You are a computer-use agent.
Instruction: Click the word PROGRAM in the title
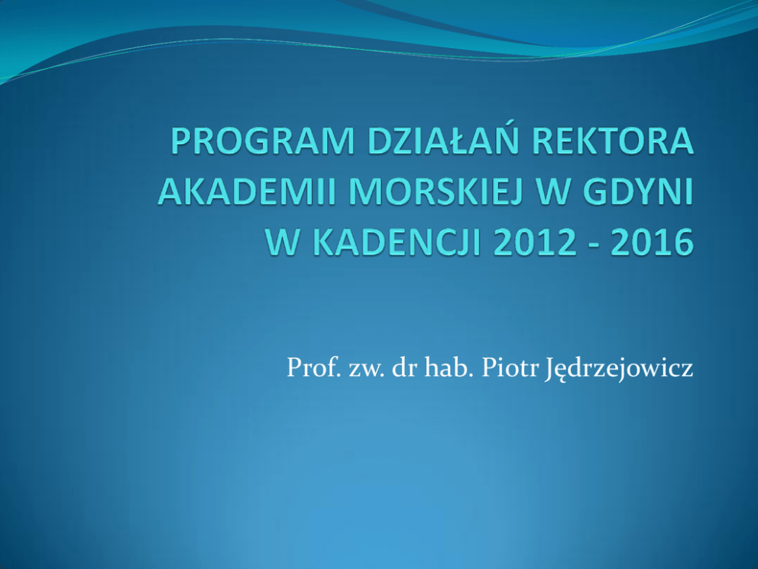click(263, 141)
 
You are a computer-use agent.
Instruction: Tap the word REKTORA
click(613, 141)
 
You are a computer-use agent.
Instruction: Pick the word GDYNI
click(642, 192)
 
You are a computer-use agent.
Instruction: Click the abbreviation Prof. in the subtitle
click(312, 367)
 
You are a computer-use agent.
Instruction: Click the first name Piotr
click(510, 368)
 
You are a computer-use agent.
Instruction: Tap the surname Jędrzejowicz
click(619, 369)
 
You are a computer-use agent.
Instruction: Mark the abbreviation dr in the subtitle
click(405, 367)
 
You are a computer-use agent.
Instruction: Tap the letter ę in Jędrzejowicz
click(561, 372)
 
